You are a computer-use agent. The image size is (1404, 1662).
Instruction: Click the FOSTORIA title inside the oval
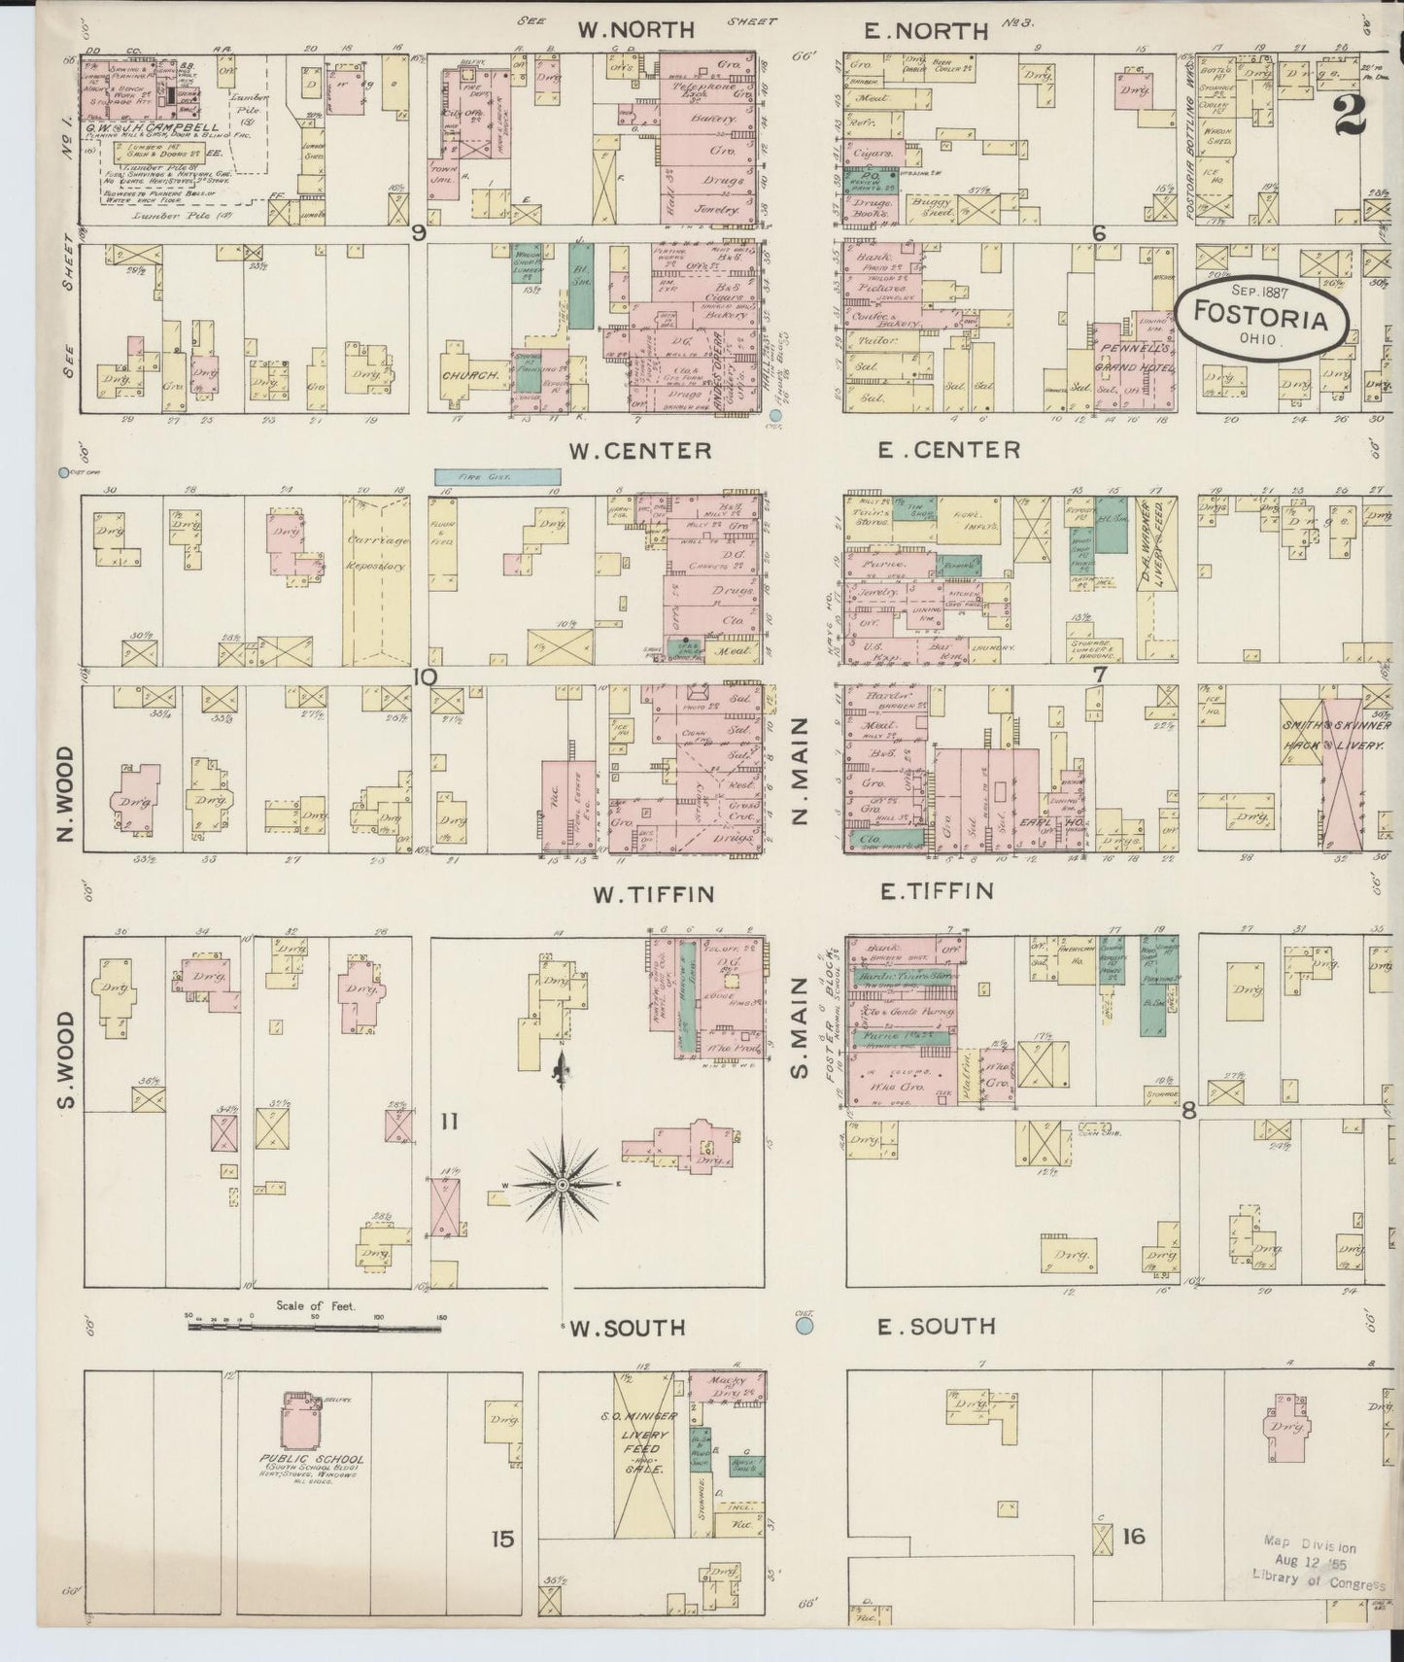(1261, 317)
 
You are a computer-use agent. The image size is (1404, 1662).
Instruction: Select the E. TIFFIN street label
(936, 890)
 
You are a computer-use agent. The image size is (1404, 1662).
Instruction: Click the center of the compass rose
(562, 1185)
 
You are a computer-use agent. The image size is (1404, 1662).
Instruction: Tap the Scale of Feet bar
(315, 1325)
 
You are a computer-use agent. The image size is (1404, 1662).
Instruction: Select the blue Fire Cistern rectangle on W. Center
(497, 476)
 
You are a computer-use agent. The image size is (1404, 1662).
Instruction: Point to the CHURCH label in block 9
(470, 374)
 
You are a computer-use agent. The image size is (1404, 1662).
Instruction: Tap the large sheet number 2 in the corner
(1350, 115)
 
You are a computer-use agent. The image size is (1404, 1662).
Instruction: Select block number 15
(501, 1538)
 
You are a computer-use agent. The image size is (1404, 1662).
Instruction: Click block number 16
(1133, 1536)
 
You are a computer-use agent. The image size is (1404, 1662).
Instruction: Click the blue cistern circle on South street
(805, 1325)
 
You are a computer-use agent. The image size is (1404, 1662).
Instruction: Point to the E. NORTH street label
(927, 31)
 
